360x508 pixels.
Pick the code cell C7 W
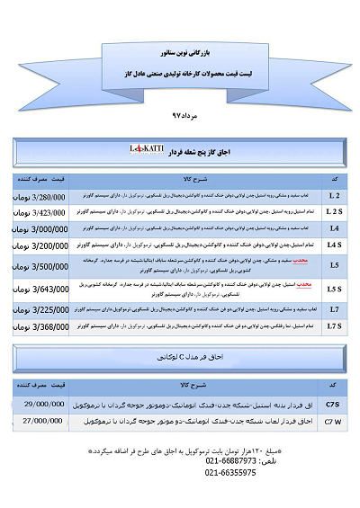click(331, 419)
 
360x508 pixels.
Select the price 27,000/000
click(49, 419)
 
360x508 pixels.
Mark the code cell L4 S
click(334, 245)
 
